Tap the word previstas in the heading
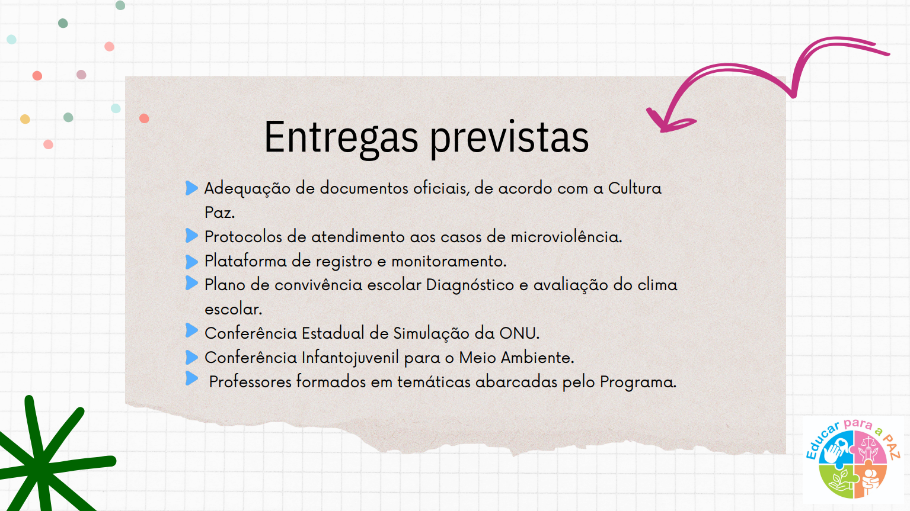pyautogui.click(x=509, y=138)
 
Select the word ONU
pyautogui.click(x=519, y=333)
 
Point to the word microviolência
pyautogui.click(x=566, y=237)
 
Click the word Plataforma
pyautogui.click(x=246, y=261)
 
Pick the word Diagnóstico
pyautogui.click(x=470, y=285)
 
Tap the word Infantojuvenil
pyautogui.click(x=350, y=358)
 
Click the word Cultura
pyautogui.click(x=634, y=188)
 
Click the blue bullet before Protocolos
pyautogui.click(x=191, y=236)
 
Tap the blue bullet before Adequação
pyautogui.click(x=191, y=188)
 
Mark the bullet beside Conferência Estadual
pyautogui.click(x=191, y=330)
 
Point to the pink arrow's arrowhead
pyautogui.click(x=666, y=122)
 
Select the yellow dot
pyautogui.click(x=25, y=119)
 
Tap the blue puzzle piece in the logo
pyautogui.click(x=836, y=448)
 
